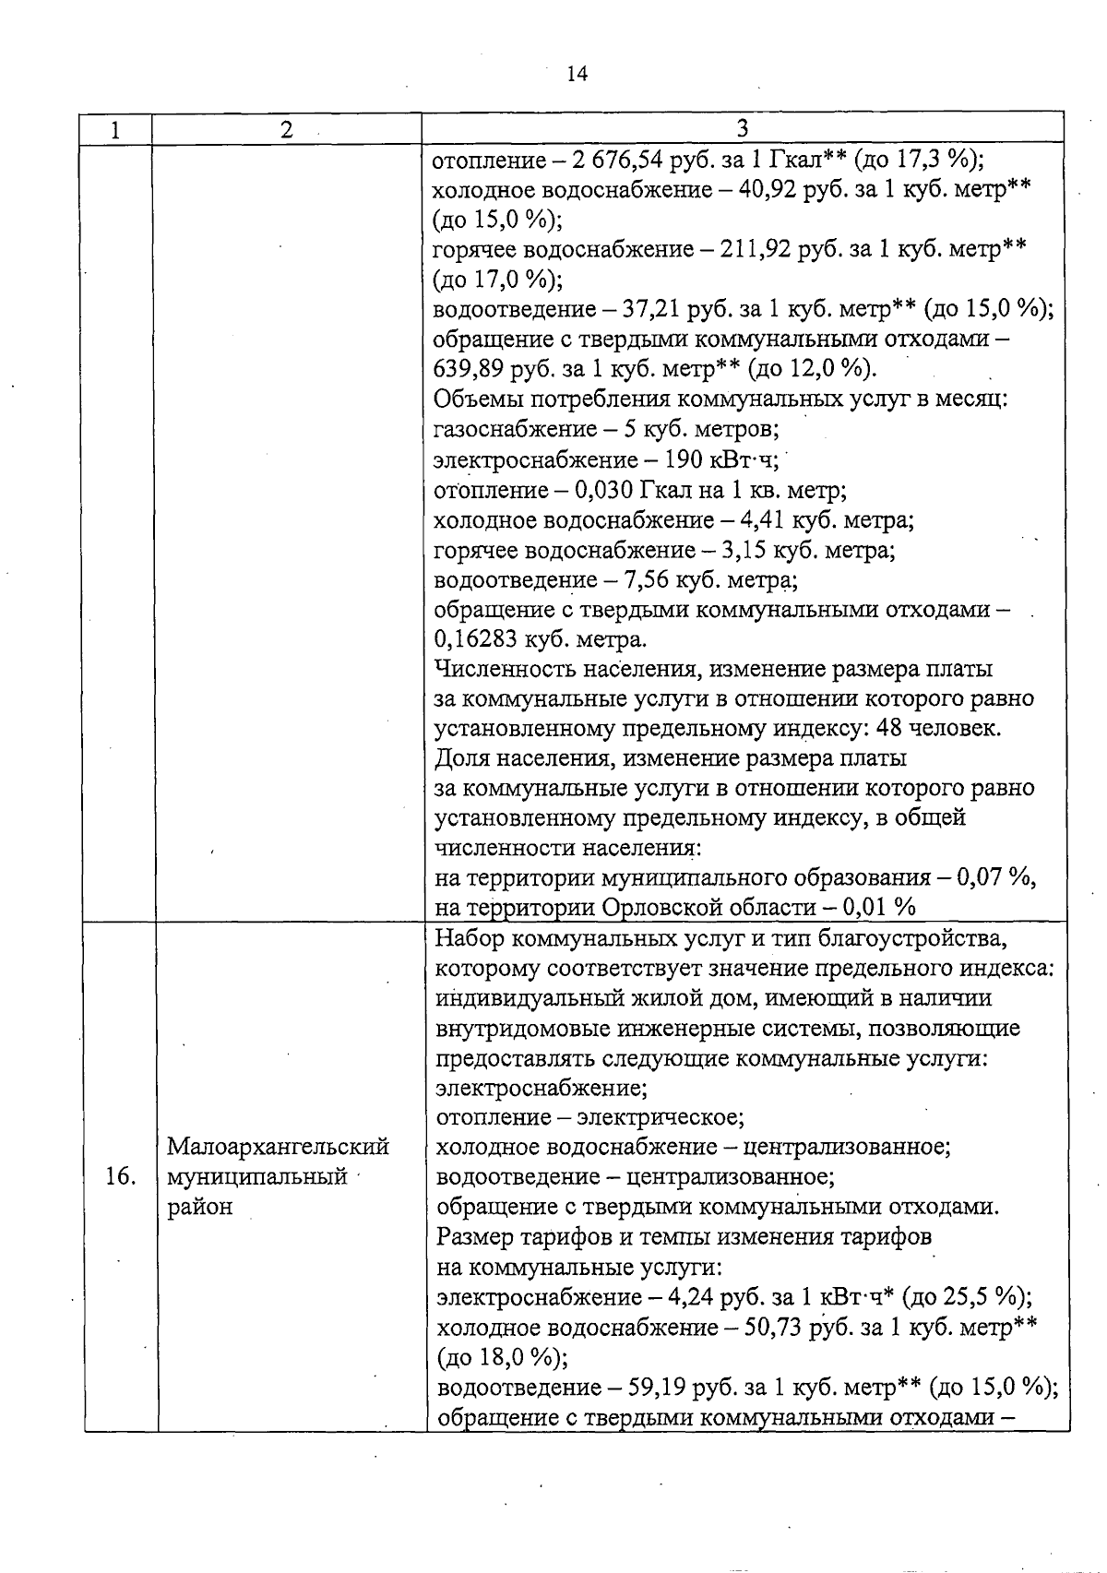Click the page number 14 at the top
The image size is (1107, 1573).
click(577, 74)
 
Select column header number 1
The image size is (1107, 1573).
click(115, 130)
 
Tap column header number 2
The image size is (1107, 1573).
click(287, 130)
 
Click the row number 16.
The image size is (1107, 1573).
click(122, 1176)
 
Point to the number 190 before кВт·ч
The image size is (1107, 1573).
click(684, 459)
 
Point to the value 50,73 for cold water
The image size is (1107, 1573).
click(775, 1328)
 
